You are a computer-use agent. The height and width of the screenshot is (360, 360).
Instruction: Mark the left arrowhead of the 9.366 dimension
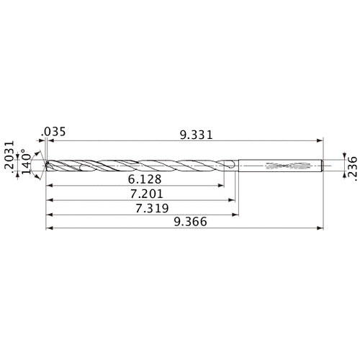click(x=48, y=230)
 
